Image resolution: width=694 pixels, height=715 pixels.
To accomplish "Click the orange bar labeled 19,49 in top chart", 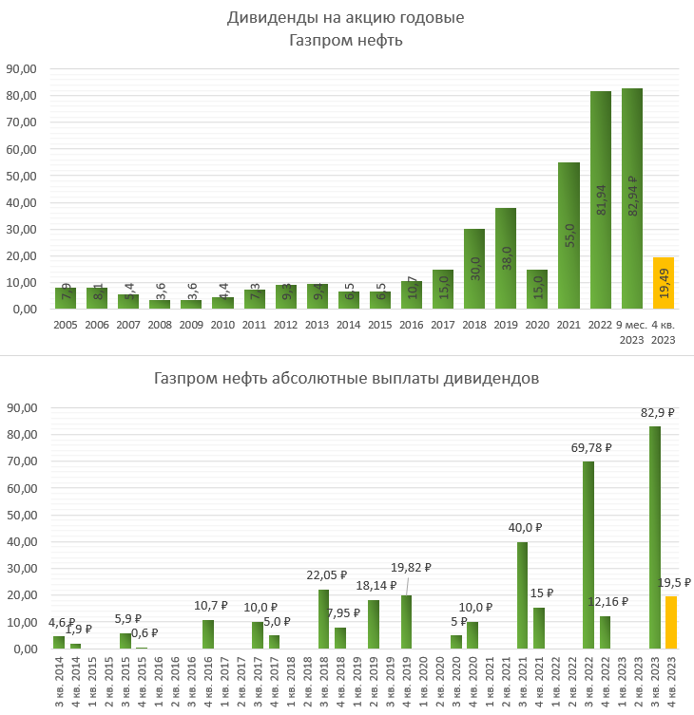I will click(663, 283).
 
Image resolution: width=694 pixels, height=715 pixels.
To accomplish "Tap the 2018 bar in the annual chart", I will click(474, 269).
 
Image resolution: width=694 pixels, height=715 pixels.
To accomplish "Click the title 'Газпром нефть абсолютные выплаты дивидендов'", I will click(346, 378).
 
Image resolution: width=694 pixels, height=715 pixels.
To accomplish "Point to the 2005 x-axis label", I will click(66, 324).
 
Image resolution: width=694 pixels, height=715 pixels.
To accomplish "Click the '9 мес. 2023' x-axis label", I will click(631, 330).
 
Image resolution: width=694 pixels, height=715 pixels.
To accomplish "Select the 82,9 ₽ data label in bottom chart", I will click(657, 413).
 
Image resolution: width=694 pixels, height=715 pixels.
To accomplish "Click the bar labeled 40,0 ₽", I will click(522, 595).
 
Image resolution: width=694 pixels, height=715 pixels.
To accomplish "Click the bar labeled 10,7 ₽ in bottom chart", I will click(207, 634).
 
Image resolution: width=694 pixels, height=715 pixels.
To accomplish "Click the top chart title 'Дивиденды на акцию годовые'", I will click(346, 18).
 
